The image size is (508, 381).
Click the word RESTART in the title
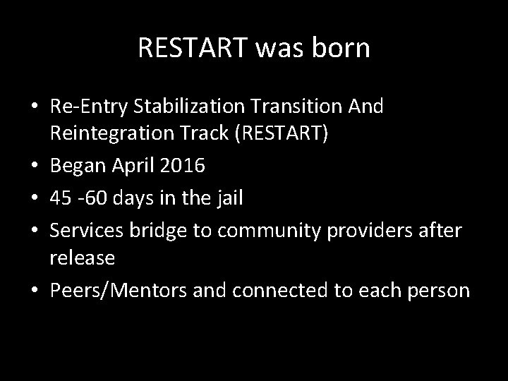coord(185,48)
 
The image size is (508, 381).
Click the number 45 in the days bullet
coord(61,199)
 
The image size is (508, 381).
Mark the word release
coord(83,258)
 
